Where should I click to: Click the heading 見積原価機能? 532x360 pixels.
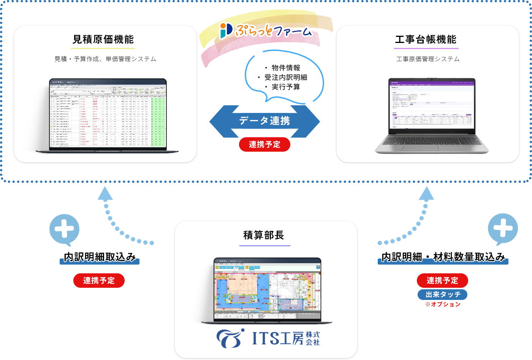(x=103, y=40)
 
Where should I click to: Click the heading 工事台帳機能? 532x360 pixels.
(x=426, y=40)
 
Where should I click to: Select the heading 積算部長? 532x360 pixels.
(x=264, y=235)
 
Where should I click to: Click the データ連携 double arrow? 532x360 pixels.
(x=264, y=121)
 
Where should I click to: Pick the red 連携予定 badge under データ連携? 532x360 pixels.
(x=264, y=144)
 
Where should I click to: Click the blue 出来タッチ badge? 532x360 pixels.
(x=442, y=295)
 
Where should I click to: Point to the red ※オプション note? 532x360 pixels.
(x=443, y=304)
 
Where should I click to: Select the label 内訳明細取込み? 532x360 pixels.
(x=100, y=257)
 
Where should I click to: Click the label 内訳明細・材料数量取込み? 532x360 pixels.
(x=443, y=257)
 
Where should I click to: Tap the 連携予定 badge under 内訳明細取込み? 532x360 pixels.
(x=99, y=281)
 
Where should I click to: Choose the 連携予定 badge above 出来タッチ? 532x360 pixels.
(x=442, y=281)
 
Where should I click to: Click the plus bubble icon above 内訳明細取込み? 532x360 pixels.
(x=65, y=230)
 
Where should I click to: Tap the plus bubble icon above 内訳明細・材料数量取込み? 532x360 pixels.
(x=503, y=228)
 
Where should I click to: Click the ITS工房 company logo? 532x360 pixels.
(x=268, y=338)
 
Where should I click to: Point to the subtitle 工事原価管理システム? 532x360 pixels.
(x=428, y=59)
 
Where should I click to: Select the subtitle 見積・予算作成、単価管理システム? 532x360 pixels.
(x=105, y=59)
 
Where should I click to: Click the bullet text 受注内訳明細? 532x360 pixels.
(x=286, y=78)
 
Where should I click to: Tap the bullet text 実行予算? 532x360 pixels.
(x=286, y=87)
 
